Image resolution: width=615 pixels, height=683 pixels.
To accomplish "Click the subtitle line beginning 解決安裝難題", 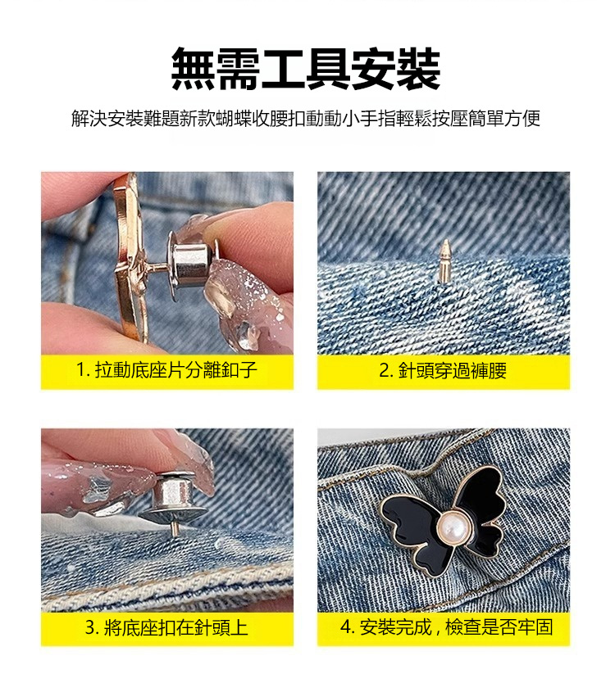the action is [x=306, y=118].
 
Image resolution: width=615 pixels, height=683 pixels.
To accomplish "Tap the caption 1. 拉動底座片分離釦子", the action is [x=166, y=370].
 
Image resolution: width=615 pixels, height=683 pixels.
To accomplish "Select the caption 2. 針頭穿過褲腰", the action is [x=443, y=370].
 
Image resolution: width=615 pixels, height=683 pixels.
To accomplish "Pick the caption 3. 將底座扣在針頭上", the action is [x=166, y=627].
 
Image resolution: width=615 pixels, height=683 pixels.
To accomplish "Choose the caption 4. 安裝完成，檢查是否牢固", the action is [x=446, y=626].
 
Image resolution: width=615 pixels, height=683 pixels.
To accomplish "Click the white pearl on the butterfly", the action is [x=453, y=527].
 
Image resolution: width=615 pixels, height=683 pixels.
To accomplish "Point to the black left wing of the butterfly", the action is [x=413, y=532].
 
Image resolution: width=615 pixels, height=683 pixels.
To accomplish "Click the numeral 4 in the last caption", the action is [x=346, y=627].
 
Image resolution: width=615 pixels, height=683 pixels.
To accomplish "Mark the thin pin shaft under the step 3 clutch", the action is [x=175, y=528].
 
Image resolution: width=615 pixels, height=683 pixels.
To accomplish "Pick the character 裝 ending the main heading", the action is [x=418, y=69].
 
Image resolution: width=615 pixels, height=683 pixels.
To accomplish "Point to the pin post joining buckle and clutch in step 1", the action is [x=156, y=267].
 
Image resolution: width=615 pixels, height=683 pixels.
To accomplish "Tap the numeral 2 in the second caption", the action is [x=385, y=371].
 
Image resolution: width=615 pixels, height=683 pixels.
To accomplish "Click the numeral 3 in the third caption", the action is [x=91, y=627].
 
